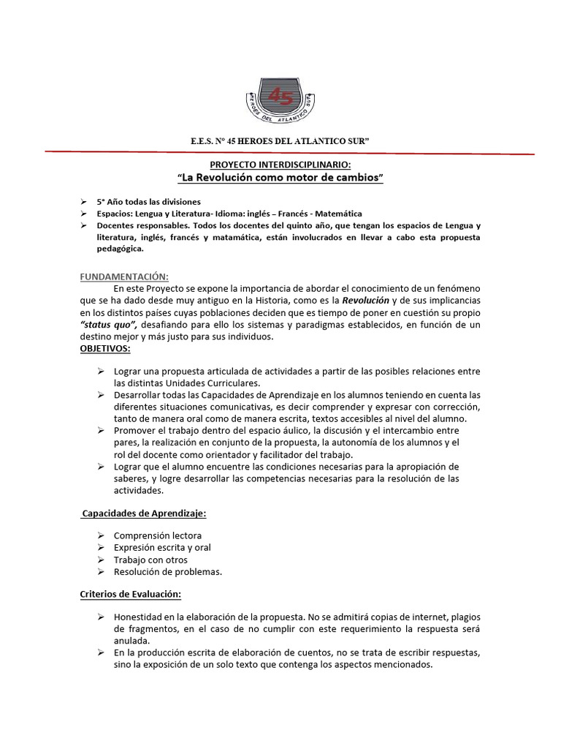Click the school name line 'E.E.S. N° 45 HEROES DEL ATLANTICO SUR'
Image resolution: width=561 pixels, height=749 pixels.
[x=280, y=140]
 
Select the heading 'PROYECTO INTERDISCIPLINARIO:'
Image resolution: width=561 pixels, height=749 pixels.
[x=280, y=166]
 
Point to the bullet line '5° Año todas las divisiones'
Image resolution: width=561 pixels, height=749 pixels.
[x=149, y=201]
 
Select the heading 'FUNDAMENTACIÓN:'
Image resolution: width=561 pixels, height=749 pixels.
[x=124, y=276]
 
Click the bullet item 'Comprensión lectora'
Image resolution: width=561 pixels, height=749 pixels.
[x=158, y=535]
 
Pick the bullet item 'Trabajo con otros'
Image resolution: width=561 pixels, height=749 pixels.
[x=150, y=560]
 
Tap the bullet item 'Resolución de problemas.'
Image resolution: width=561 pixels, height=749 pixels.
[x=168, y=571]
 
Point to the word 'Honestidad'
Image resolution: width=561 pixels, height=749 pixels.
[x=140, y=617]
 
